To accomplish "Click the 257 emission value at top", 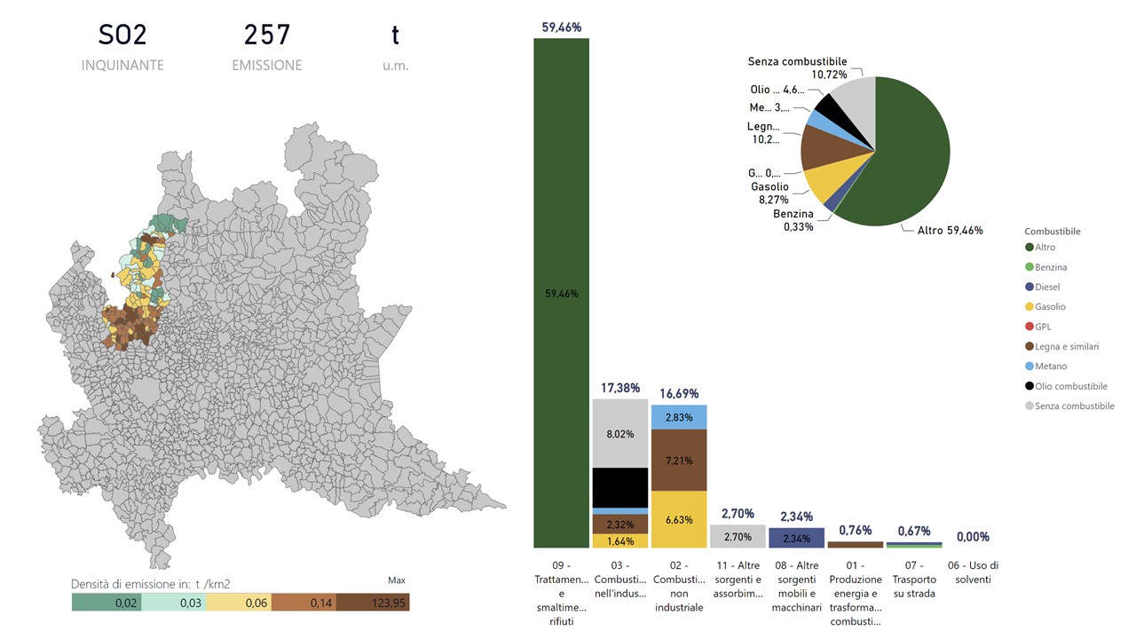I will pos(267,35).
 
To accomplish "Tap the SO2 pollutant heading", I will pos(122,35).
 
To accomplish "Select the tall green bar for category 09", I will pos(561,293).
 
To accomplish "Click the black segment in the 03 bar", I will pos(619,487).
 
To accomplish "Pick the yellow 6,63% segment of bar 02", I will pos(678,519).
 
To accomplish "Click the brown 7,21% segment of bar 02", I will pos(678,460).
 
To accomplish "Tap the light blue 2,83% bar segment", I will pos(678,417).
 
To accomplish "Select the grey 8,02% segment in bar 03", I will pos(619,434).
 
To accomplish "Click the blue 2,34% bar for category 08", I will pos(796,538).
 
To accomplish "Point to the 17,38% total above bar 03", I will pos(619,389).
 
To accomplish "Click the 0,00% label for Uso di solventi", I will pos(973,537).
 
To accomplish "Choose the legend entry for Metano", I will pos(1052,367).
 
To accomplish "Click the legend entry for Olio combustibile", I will pos(1071,386).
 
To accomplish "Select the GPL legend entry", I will pos(1043,327).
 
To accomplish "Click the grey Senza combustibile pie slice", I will pos(859,100).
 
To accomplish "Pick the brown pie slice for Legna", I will pos(821,147).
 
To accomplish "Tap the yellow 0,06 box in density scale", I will pos(241,603).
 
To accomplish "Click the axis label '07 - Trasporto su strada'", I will pos(913,579).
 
